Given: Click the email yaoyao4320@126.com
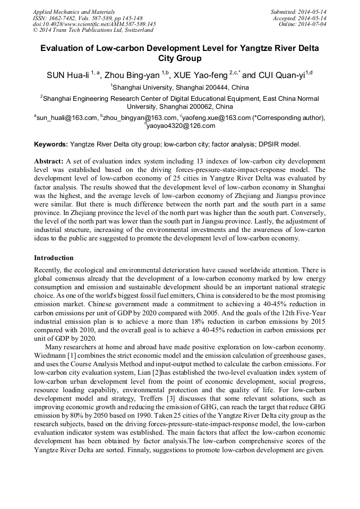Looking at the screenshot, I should point(181,126).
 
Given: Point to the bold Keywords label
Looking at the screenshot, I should point(51,144).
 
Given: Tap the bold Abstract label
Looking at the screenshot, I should point(49,161).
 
